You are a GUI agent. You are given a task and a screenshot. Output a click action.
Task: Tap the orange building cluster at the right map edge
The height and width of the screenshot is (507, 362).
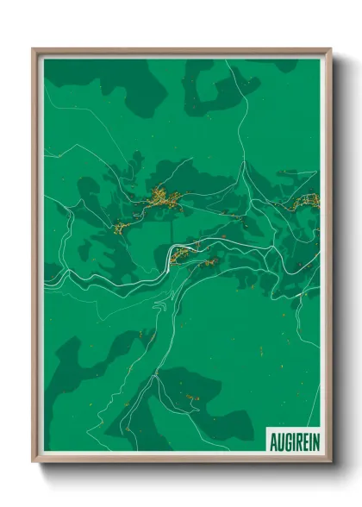[x=307, y=203]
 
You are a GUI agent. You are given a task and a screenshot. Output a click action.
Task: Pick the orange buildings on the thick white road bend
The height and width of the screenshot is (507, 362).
[x=183, y=253]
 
